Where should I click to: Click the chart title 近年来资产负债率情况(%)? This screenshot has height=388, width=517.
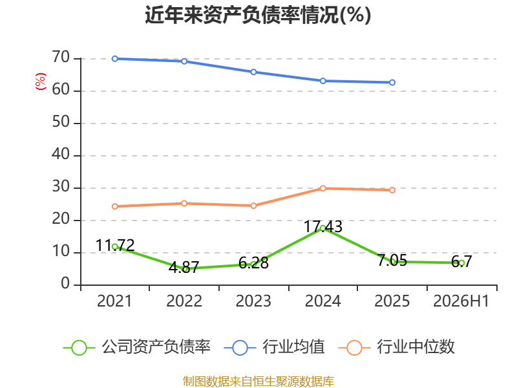pos(258,15)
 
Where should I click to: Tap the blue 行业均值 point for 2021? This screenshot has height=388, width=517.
pos(115,59)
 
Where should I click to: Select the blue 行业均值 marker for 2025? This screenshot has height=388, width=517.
pos(392,83)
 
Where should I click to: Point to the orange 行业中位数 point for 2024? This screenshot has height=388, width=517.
pos(322,188)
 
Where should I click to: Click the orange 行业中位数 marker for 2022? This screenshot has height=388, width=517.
pos(184,204)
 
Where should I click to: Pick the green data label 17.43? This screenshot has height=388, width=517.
pos(322,227)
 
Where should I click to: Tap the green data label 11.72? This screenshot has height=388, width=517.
pos(115,246)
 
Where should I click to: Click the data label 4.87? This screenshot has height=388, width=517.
pos(184,267)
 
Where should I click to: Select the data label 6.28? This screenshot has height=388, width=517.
pos(253,263)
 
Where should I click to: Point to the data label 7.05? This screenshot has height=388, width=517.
pos(392,261)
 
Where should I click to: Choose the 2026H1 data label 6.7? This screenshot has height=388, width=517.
pos(461,262)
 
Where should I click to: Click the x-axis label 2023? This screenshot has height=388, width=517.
pos(253,301)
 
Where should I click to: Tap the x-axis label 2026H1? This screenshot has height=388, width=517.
pos(461,301)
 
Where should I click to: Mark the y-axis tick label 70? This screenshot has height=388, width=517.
pos(61,58)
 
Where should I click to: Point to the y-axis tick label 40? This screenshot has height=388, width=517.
pos(61,155)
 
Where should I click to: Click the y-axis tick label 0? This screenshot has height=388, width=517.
pos(65,284)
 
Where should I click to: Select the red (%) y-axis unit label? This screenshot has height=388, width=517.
pos(41,81)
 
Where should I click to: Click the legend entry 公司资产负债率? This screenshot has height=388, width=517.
pos(136,347)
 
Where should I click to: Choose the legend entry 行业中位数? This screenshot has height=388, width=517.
pos(396,347)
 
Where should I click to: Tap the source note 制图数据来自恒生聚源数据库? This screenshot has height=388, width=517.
pos(258,382)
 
